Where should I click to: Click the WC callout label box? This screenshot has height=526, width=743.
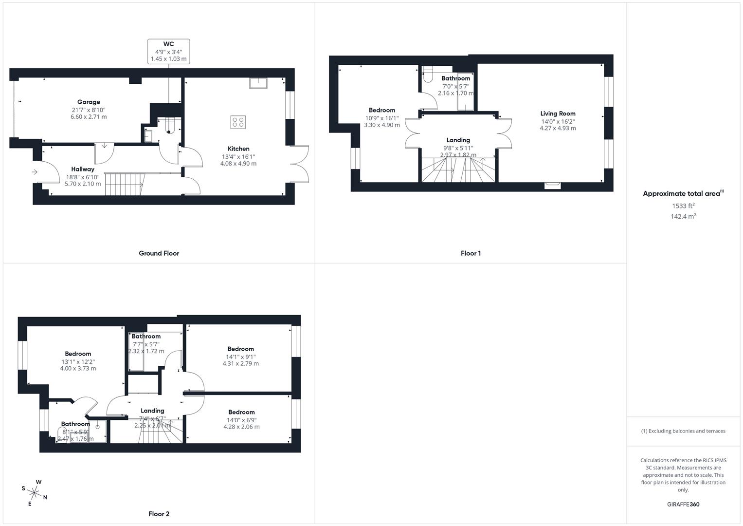tap(168, 51)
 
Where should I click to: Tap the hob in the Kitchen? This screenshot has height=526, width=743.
tap(238, 122)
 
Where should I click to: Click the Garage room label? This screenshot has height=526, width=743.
tap(89, 102)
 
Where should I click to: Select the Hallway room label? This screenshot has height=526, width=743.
tap(83, 169)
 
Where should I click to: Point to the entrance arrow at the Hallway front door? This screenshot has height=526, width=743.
tap(35, 172)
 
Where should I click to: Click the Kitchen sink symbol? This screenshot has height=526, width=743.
tap(258, 83)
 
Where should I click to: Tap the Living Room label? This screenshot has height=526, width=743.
tap(558, 113)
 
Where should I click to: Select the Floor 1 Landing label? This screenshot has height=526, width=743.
tap(458, 140)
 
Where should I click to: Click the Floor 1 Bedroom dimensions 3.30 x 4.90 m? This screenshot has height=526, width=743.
tap(382, 125)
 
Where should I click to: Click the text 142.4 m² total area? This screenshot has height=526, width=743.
tap(683, 217)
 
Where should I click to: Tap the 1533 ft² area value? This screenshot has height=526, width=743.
tap(683, 206)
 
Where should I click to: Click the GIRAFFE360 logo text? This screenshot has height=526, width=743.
tap(683, 505)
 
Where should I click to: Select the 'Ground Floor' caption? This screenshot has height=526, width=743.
tap(159, 253)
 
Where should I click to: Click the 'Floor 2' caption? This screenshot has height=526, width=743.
tap(159, 514)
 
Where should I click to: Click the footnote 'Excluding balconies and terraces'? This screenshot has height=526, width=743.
tap(683, 431)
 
